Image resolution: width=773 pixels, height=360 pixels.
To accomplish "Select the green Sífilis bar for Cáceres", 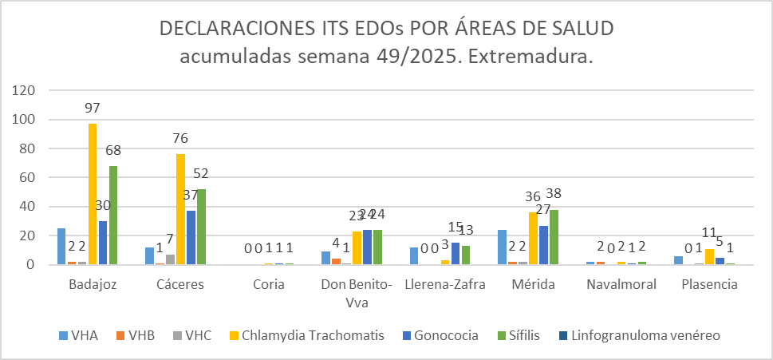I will [201, 227].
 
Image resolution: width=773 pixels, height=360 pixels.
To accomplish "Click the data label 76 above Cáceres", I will [180, 139].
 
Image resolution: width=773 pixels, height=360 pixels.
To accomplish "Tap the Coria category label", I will [269, 285].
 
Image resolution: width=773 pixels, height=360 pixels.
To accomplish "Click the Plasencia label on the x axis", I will [710, 285].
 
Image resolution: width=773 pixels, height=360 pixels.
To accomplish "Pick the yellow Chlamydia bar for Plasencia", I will [710, 257].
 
